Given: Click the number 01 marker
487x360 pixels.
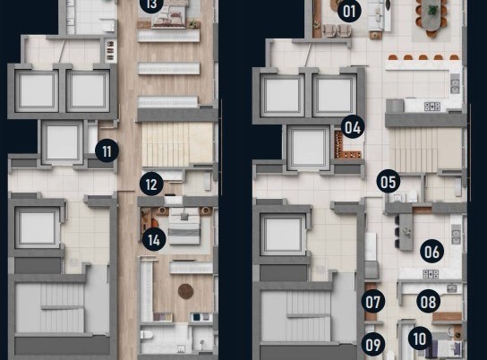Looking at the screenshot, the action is click(x=349, y=11).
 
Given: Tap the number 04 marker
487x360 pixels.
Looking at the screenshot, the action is click(x=353, y=127).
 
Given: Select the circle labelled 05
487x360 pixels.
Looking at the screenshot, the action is click(x=389, y=182).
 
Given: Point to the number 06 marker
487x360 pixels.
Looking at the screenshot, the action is click(x=432, y=252).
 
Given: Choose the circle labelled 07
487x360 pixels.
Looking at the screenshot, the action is click(x=373, y=302).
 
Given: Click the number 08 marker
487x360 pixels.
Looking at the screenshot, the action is click(x=428, y=301).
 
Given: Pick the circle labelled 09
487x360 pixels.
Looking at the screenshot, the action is click(x=373, y=345).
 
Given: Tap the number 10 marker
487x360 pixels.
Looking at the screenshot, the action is click(x=420, y=339).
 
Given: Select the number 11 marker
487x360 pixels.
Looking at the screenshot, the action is click(x=107, y=150).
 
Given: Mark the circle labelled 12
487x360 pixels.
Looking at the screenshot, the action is click(x=151, y=184).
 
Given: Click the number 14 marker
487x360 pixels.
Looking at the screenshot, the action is click(x=154, y=239).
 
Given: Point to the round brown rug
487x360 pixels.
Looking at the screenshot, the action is click(x=185, y=291).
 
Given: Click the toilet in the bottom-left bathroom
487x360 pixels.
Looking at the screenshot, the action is click(x=147, y=335).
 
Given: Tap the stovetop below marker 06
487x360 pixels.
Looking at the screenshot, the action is click(x=431, y=274).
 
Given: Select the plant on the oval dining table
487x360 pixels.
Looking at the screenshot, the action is click(x=432, y=10).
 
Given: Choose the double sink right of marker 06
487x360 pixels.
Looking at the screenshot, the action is click(x=456, y=234).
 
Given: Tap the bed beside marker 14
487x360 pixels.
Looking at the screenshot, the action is click(x=184, y=226).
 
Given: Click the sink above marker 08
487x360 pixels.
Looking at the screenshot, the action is click(x=452, y=288).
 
